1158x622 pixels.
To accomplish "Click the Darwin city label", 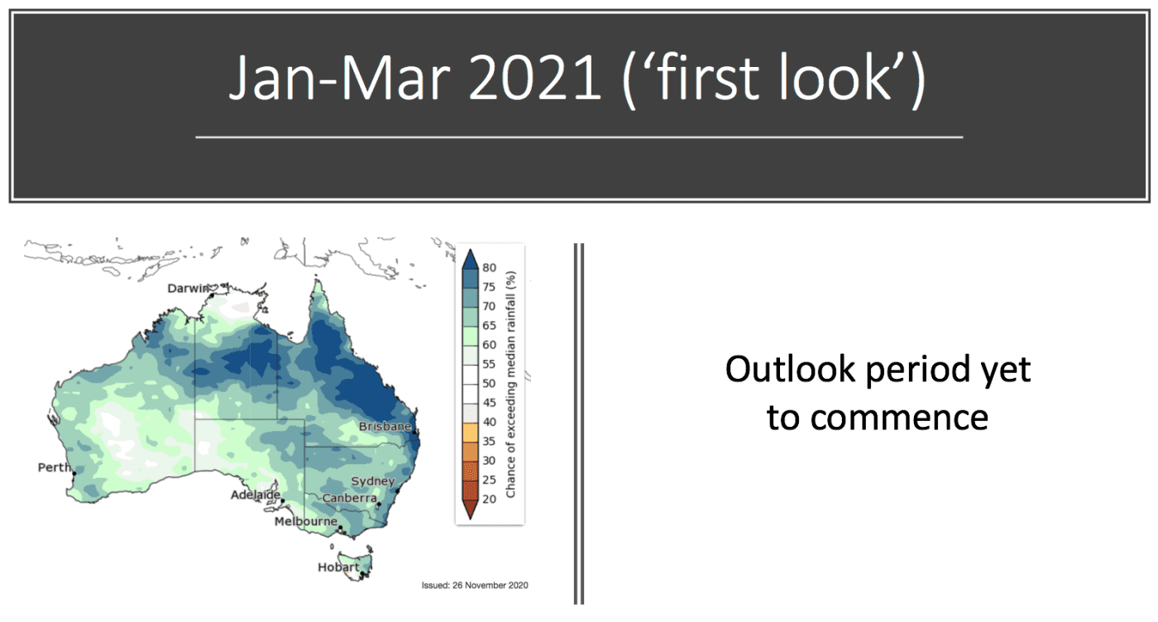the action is pyautogui.click(x=189, y=289).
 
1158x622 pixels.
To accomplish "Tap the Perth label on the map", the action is pyautogui.click(x=55, y=467).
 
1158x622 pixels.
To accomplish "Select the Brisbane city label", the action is pyautogui.click(x=385, y=427).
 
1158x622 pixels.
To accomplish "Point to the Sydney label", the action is pyautogui.click(x=373, y=481).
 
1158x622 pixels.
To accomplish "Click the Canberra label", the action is pyautogui.click(x=349, y=498).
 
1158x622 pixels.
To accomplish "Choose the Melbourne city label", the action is pyautogui.click(x=305, y=521).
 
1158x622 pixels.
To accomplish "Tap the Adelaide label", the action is pyautogui.click(x=256, y=495).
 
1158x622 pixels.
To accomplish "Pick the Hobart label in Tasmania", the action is pyautogui.click(x=338, y=567).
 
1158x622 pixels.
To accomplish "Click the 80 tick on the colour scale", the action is pyautogui.click(x=489, y=268).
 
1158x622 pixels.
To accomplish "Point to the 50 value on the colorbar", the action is pyautogui.click(x=489, y=384).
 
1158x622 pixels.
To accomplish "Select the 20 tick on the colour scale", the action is pyautogui.click(x=489, y=500).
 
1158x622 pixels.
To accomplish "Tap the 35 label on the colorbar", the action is pyautogui.click(x=489, y=442).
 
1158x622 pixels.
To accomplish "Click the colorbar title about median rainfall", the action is pyautogui.click(x=511, y=384).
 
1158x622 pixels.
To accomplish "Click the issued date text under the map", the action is pyautogui.click(x=475, y=586).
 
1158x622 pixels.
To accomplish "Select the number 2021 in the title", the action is pyautogui.click(x=535, y=79).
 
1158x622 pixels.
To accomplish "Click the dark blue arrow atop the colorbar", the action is pyautogui.click(x=470, y=259).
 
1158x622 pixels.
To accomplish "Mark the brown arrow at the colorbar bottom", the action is pyautogui.click(x=470, y=510).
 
